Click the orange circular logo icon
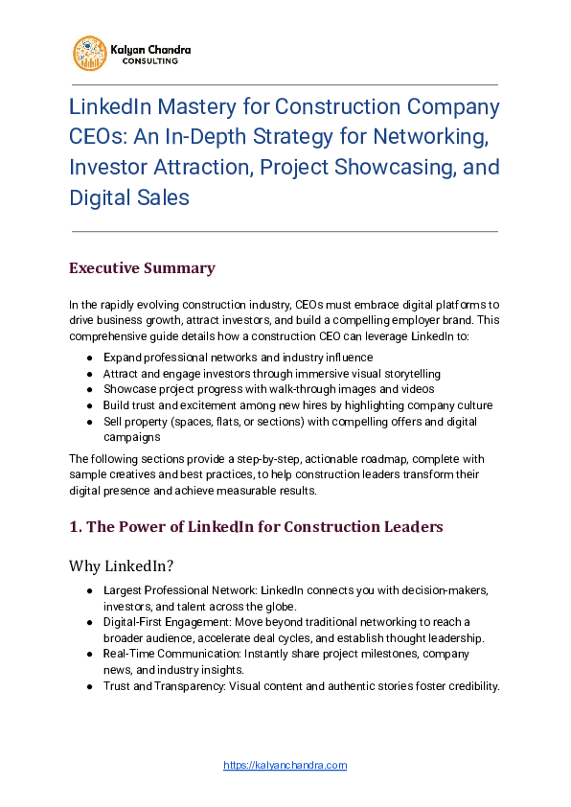pyautogui.click(x=90, y=53)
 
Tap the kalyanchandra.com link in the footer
pyautogui.click(x=285, y=765)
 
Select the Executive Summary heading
pyautogui.click(x=141, y=267)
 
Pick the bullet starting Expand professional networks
pyautogui.click(x=224, y=357)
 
